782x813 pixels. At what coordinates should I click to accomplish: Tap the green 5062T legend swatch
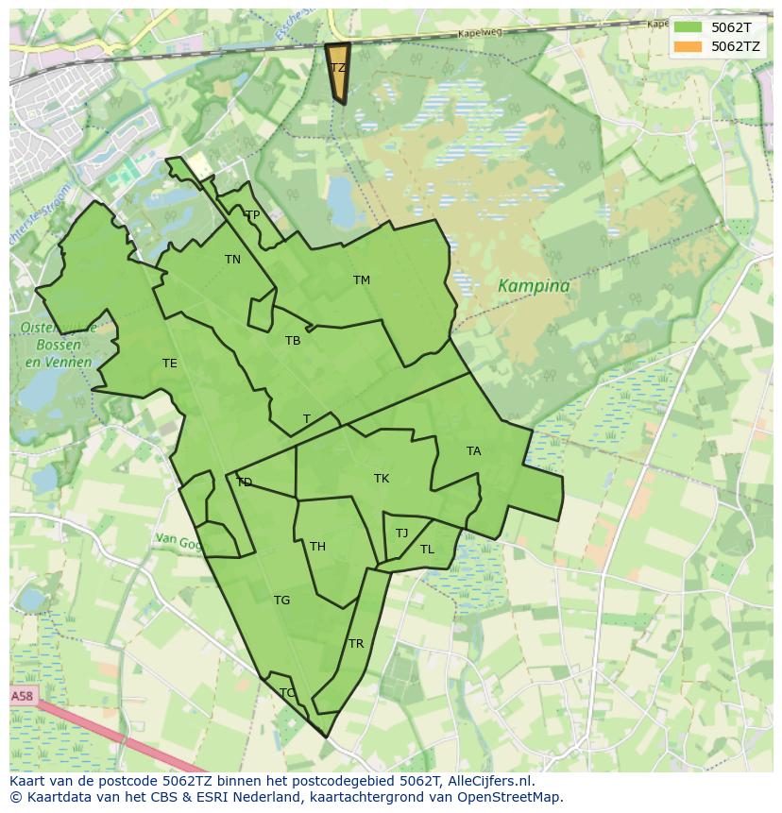coord(688,27)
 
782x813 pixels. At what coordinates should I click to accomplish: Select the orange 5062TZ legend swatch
coord(688,46)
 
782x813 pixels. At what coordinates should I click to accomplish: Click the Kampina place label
coord(534,286)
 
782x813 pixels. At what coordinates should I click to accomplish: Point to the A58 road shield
coord(22,696)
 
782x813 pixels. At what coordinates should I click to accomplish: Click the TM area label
coord(362,280)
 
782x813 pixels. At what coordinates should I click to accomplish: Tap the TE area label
coord(169,364)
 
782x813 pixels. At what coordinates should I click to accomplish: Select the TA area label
coord(473,451)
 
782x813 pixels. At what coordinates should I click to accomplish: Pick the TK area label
coord(382,479)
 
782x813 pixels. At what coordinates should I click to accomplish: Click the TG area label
coord(281,601)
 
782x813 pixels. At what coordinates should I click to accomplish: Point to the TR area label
coord(356,644)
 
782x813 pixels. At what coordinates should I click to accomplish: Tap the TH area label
coord(317,547)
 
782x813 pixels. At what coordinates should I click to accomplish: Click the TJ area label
coord(401,534)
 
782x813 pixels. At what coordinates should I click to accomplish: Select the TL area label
coord(427,550)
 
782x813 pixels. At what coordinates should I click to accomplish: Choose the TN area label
coord(232,260)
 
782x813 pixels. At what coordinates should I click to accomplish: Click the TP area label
coord(252,215)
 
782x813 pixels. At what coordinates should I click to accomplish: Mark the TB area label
coord(293,341)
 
